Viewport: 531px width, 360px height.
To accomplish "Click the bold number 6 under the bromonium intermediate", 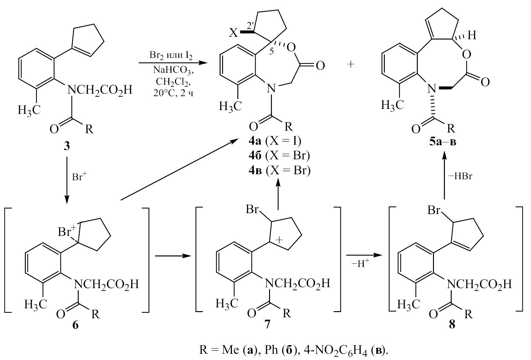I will tap(76, 326).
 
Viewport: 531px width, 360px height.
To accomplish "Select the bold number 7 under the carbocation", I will tap(267, 326).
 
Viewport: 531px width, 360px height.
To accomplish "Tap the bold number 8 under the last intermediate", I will tap(452, 326).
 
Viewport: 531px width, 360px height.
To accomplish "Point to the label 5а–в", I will tap(443, 142).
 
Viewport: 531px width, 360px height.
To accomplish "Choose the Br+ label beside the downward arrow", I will tap(80, 177).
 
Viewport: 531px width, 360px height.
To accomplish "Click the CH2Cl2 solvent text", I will tap(173, 82).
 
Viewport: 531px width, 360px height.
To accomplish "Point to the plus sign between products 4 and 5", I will tap(351, 65).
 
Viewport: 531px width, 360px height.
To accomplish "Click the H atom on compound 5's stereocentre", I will tap(472, 35).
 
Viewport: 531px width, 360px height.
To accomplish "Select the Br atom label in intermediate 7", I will tap(252, 209).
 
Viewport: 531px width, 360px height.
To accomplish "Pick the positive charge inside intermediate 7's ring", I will tap(279, 240).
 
